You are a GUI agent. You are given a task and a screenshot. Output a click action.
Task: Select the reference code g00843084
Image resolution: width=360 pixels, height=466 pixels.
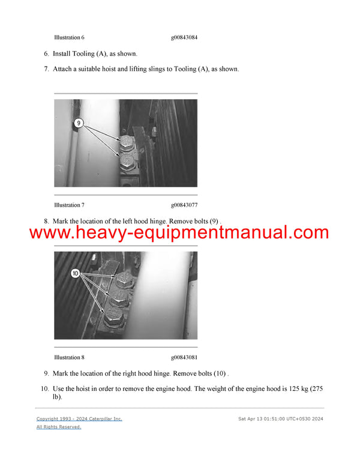click(x=184, y=38)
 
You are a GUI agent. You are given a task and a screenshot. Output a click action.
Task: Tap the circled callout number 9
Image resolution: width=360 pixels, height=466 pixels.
click(x=78, y=123)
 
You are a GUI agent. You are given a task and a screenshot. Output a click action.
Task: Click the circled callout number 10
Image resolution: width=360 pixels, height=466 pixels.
click(x=76, y=273)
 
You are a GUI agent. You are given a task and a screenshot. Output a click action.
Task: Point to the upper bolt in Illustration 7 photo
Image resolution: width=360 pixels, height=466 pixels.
click(x=127, y=143)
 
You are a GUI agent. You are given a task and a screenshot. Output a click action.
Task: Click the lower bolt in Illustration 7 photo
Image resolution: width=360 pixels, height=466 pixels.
click(x=128, y=160)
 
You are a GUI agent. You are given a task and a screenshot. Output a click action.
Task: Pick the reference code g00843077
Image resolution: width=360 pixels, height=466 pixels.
click(x=184, y=205)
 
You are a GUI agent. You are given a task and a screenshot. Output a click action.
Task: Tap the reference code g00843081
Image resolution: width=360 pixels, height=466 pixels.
click(x=184, y=358)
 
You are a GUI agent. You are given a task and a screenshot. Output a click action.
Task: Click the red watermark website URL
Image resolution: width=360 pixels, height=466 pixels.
click(x=179, y=232)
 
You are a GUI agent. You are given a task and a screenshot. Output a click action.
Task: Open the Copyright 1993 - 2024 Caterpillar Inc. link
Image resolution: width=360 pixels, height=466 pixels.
click(x=79, y=419)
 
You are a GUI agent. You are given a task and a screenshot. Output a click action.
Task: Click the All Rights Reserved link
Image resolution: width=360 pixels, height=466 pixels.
click(x=59, y=427)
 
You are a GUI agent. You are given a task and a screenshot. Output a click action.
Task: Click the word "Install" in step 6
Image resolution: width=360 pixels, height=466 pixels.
click(x=63, y=53)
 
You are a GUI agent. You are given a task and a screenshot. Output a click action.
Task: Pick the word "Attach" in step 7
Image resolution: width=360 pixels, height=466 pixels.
click(x=64, y=69)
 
